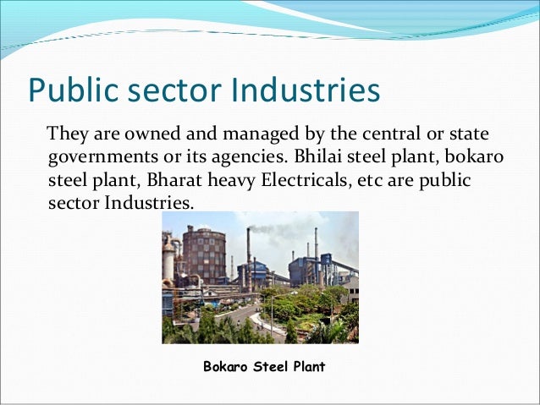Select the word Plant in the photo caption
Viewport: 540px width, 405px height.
tap(307, 368)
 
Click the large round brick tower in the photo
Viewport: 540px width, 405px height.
tap(203, 255)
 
